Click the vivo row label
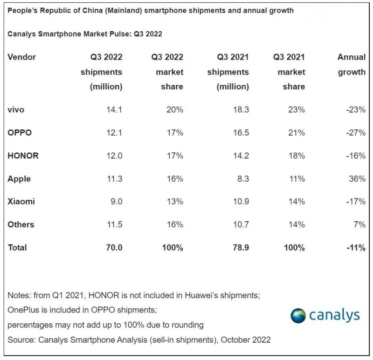pyautogui.click(x=16, y=110)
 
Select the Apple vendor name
pyautogui.click(x=19, y=179)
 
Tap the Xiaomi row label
pyautogui.click(x=21, y=202)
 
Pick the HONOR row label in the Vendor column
pyautogui.click(x=23, y=156)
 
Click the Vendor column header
pyautogui.click(x=21, y=57)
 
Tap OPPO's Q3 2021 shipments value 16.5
pyautogui.click(x=240, y=133)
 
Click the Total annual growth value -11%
pyautogui.click(x=355, y=248)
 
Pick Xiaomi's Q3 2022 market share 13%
pyautogui.click(x=175, y=202)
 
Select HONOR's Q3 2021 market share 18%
pyautogui.click(x=297, y=156)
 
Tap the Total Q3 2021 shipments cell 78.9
pyautogui.click(x=240, y=248)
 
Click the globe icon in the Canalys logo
pyautogui.click(x=298, y=315)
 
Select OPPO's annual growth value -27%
pyautogui.click(x=355, y=133)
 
